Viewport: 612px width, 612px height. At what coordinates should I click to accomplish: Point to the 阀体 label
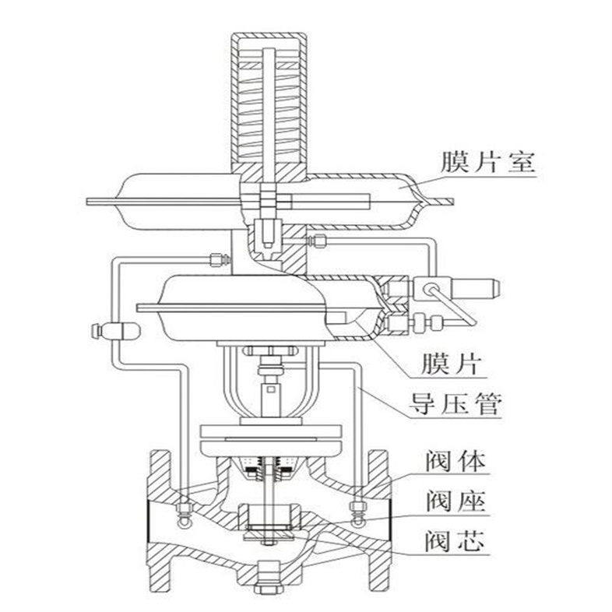456,462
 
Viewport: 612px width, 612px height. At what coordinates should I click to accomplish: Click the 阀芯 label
456,540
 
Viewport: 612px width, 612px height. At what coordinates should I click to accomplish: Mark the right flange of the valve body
379,518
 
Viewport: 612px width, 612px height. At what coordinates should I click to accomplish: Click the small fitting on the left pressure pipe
114,331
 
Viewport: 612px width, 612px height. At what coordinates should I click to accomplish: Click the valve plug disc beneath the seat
267,535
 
